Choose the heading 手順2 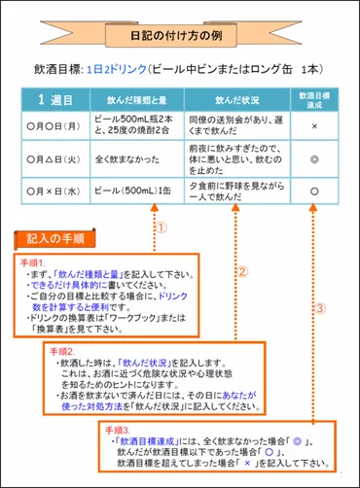(x=59, y=350)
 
